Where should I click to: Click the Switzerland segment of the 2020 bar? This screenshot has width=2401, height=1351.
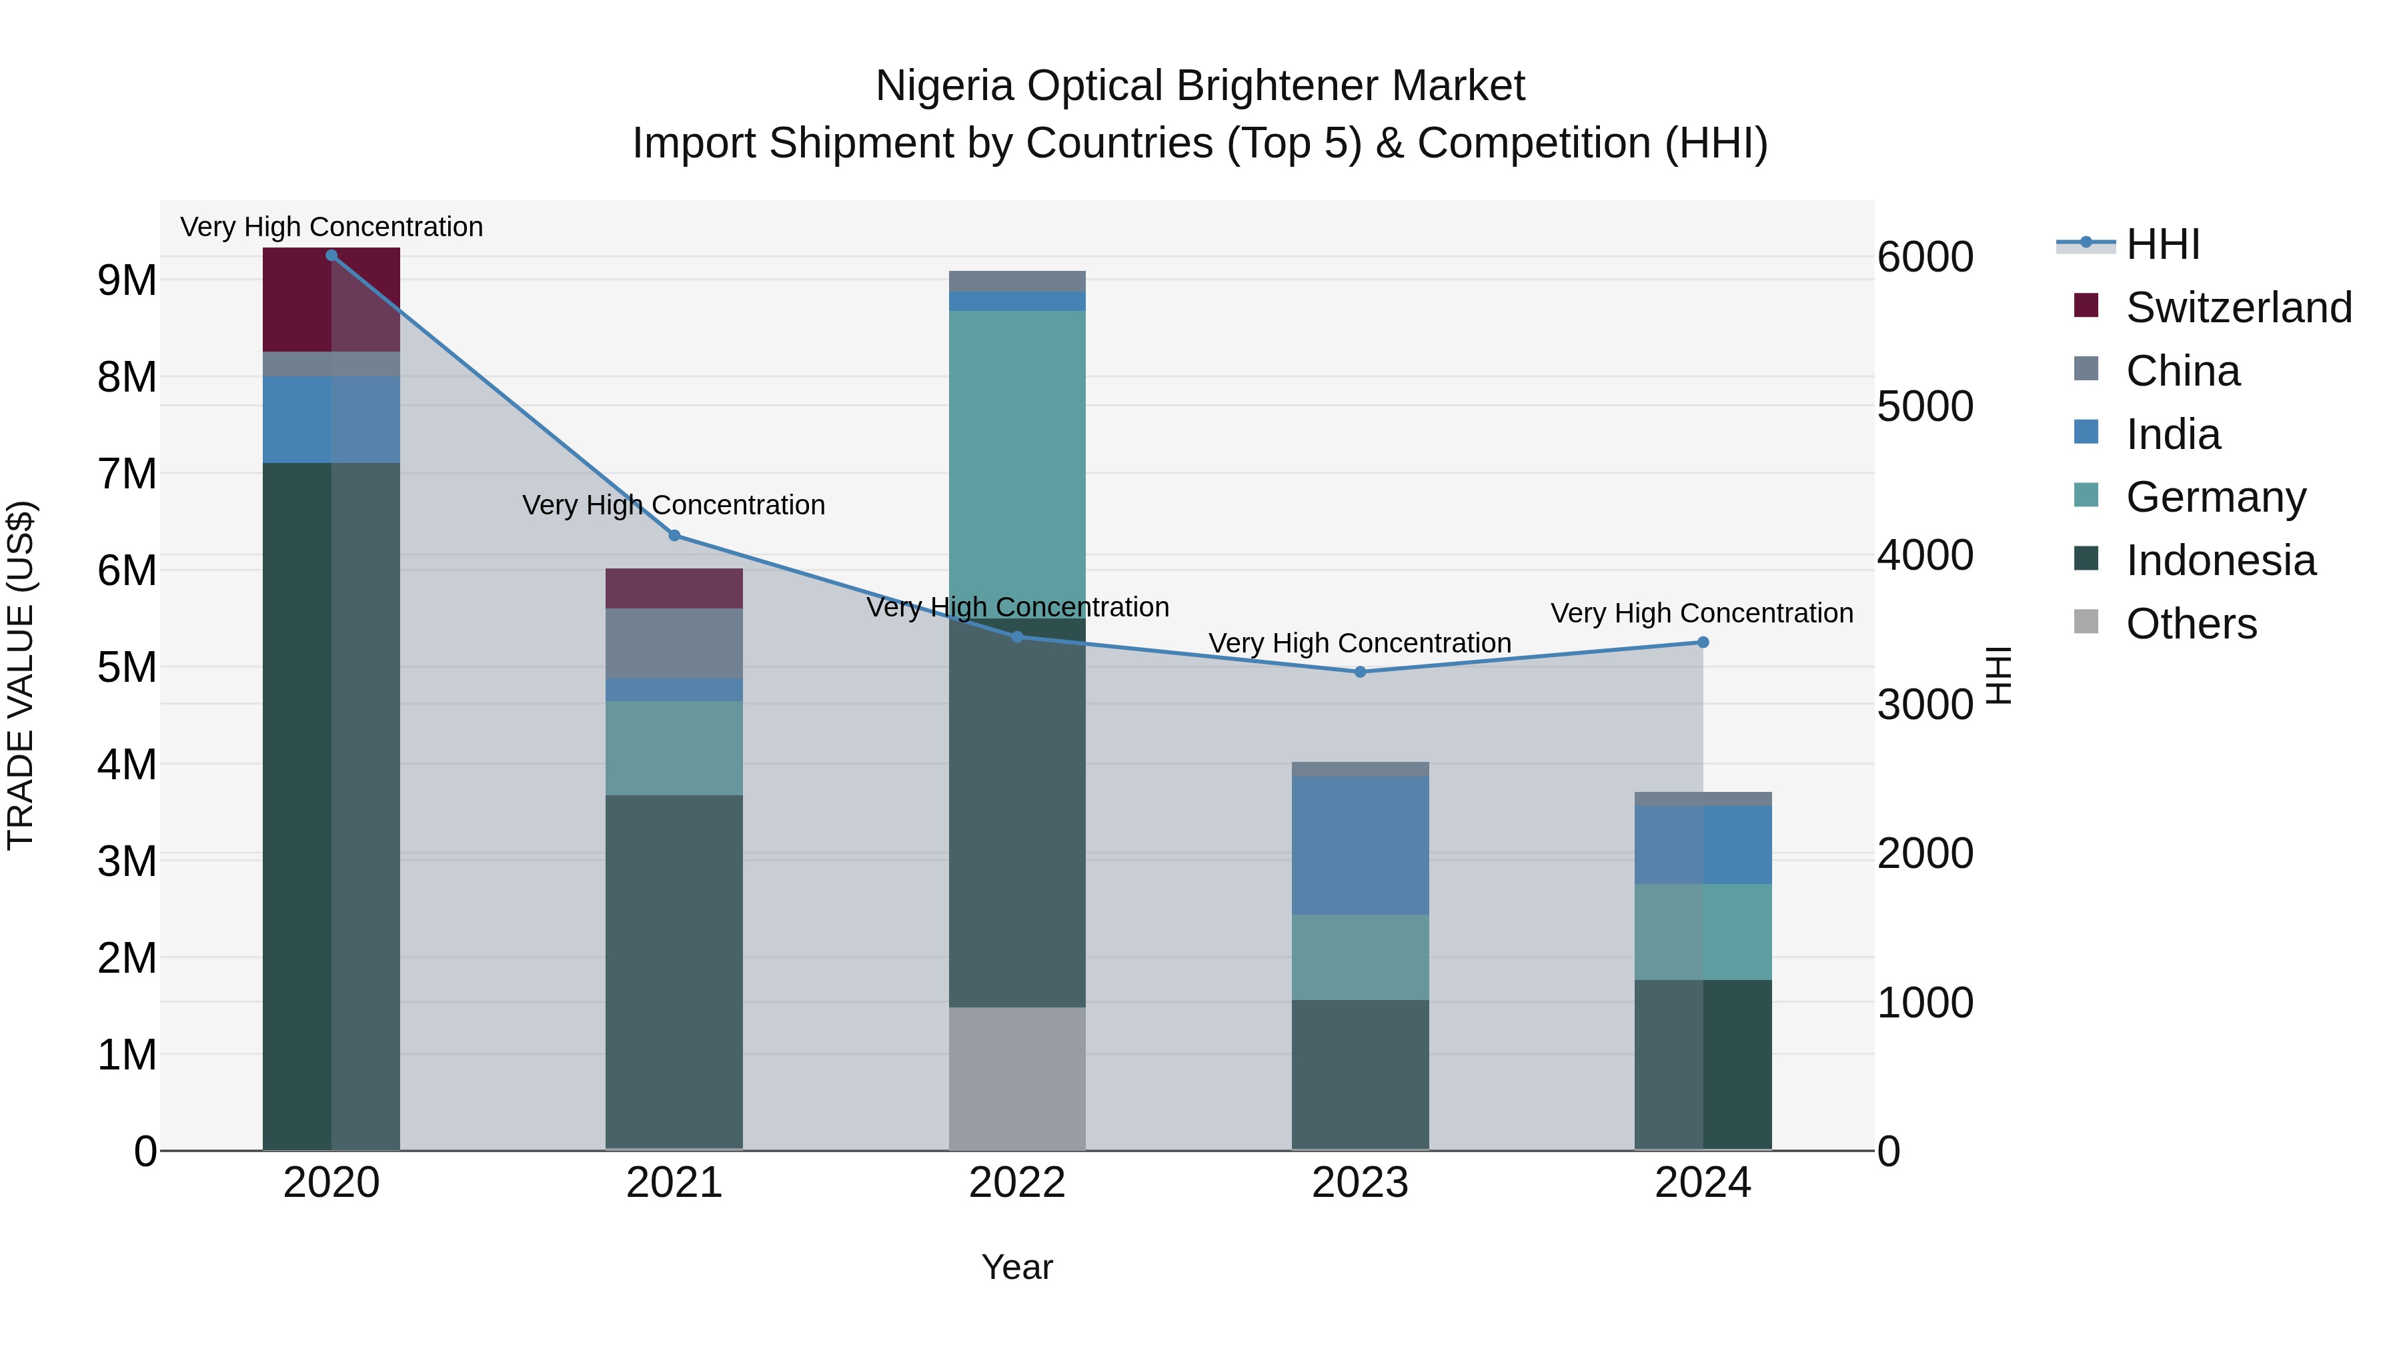[331, 300]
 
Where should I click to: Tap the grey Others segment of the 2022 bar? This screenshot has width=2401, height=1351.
[1017, 1078]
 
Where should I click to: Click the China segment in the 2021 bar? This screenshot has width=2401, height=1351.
[674, 643]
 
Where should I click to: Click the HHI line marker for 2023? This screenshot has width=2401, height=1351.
[1360, 671]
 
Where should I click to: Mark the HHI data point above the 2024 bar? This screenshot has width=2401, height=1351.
[1703, 642]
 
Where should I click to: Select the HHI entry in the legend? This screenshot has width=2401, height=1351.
[2162, 244]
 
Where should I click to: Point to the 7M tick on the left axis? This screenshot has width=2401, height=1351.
[127, 474]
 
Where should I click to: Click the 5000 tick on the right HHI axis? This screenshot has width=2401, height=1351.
[1925, 406]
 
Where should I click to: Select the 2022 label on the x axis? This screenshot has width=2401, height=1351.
[1017, 1183]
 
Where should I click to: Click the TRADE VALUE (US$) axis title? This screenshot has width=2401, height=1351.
[21, 675]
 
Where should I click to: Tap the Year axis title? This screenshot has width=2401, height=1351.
[1017, 1267]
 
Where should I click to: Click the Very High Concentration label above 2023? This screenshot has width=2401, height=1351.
[1360, 643]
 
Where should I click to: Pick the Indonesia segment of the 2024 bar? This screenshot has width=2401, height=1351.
[1703, 1064]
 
